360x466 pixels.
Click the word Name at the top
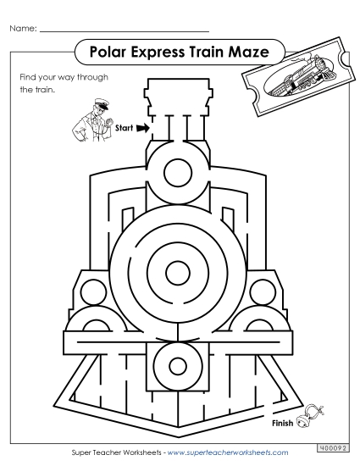tap(23, 30)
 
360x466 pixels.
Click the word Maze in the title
tap(254, 53)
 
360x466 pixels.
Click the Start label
tap(125, 129)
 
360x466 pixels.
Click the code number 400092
tap(334, 447)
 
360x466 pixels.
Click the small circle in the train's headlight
tap(178, 168)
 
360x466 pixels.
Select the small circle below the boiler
tap(178, 367)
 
